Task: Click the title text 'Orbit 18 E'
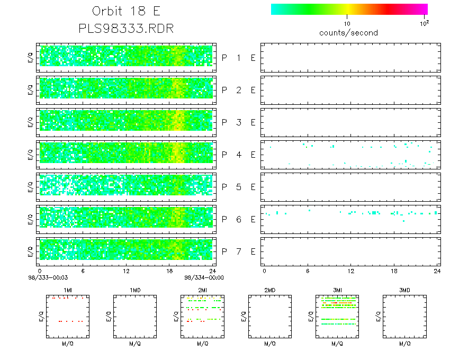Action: click(x=125, y=12)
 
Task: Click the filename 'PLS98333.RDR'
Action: click(x=125, y=28)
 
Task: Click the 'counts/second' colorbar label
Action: click(x=348, y=33)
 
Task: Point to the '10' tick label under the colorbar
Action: click(x=347, y=24)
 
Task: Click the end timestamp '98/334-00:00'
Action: click(x=204, y=277)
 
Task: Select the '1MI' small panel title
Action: click(x=68, y=290)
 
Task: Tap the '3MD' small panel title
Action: click(x=404, y=290)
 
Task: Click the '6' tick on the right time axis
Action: click(x=308, y=271)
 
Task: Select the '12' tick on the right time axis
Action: click(x=351, y=271)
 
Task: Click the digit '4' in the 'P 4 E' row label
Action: click(x=238, y=155)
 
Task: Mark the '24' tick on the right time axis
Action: click(x=437, y=271)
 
